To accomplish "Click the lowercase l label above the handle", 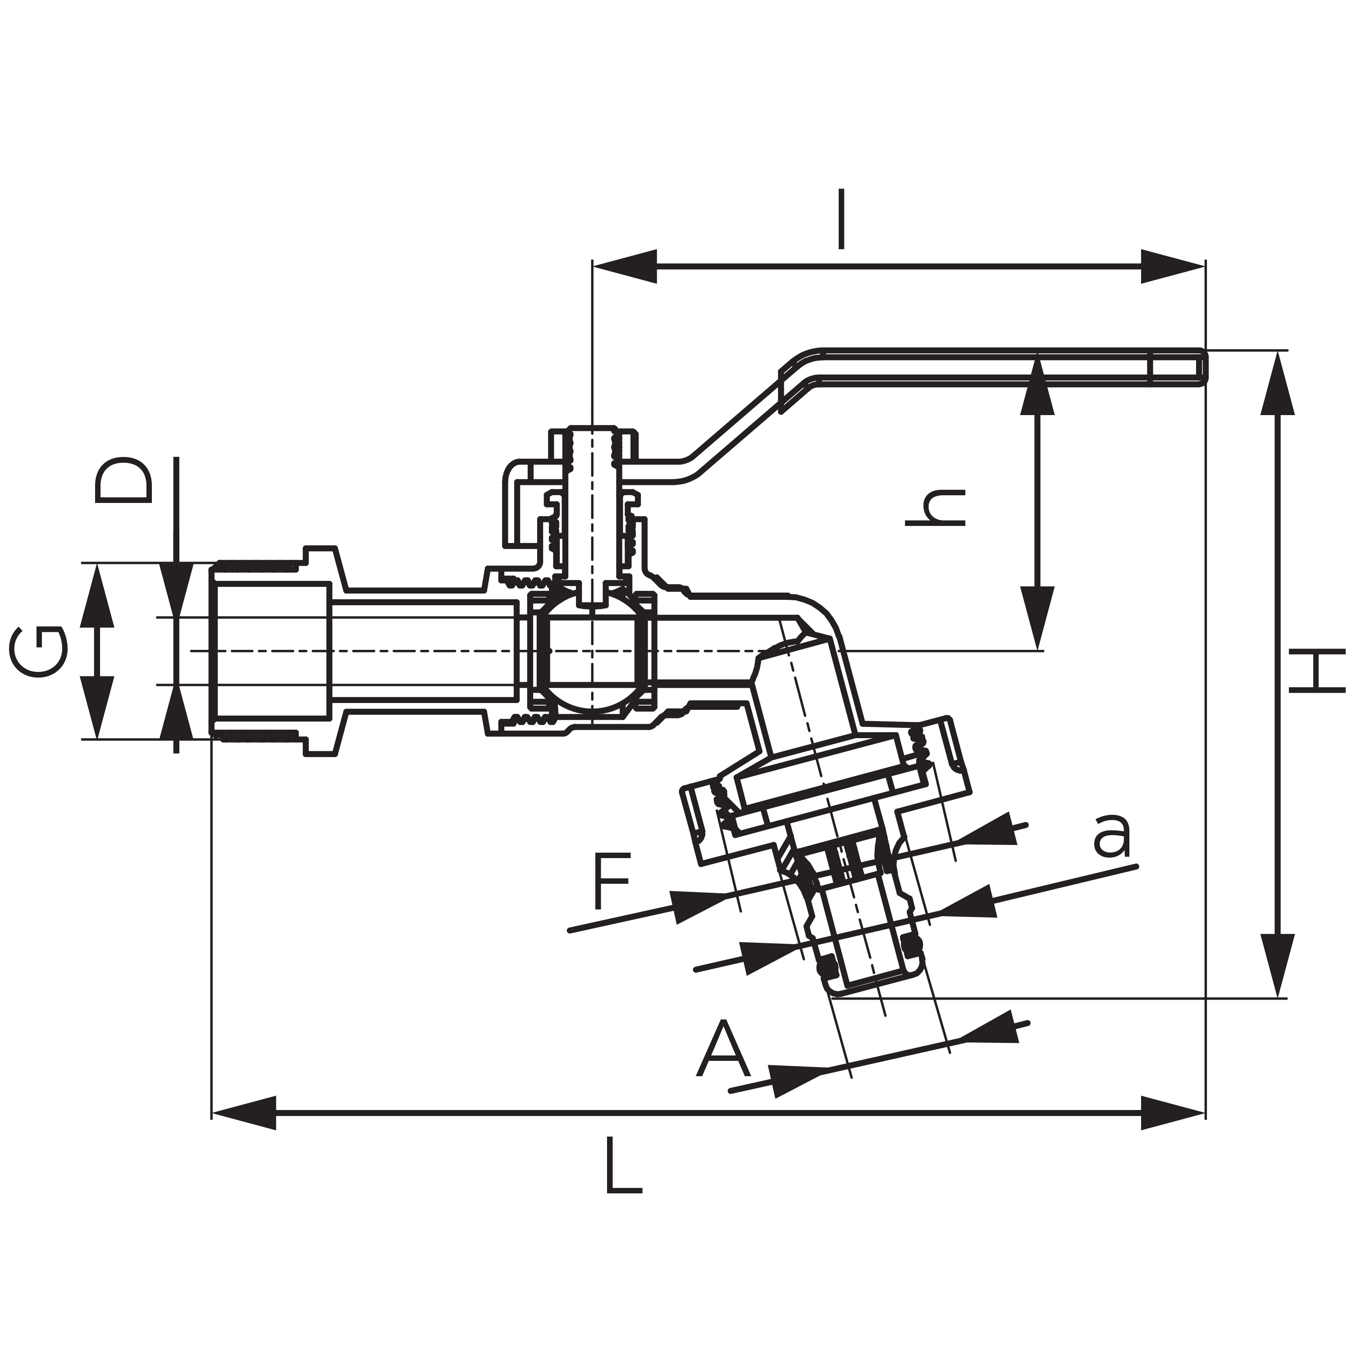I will tap(842, 219).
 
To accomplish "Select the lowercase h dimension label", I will tap(936, 507).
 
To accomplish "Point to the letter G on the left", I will tap(39, 651).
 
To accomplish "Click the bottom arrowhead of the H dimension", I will tap(1278, 966).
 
